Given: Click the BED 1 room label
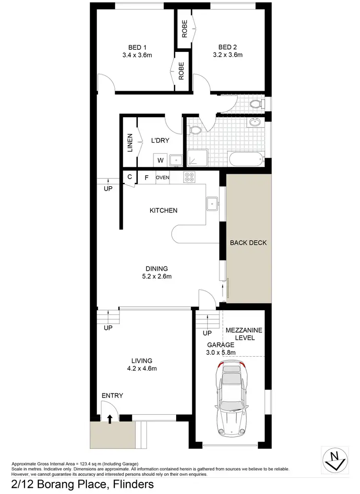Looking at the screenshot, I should [x=137, y=47].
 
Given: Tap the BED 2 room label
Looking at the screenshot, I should [x=228, y=47].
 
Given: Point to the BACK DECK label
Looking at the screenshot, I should [x=248, y=243].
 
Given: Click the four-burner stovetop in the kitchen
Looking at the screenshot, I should [x=189, y=178].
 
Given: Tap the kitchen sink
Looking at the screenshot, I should [x=212, y=204].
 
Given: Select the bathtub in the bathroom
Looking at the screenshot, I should [x=246, y=158].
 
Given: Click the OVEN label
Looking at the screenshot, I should [x=163, y=178].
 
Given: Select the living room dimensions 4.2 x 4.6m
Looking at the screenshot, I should [x=142, y=369].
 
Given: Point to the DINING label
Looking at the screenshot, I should [x=157, y=269].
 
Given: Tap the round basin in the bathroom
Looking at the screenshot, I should [x=254, y=123].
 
